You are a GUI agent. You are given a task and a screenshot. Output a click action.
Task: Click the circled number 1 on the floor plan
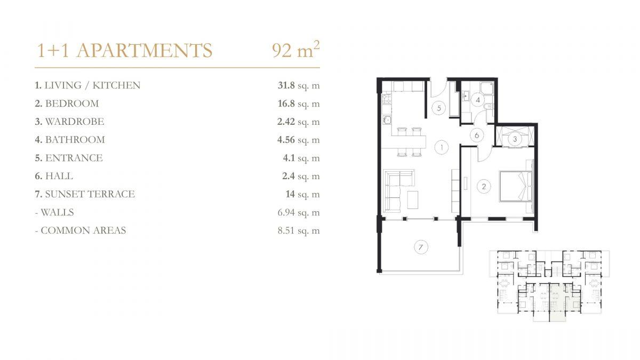[442, 147]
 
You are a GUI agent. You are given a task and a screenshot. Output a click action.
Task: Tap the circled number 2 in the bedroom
[484, 187]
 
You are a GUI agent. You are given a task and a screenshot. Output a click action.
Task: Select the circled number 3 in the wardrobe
[515, 139]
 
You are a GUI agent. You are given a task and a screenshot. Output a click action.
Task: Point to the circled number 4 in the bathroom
[478, 100]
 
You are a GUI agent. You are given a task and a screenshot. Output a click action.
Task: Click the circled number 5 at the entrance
[439, 108]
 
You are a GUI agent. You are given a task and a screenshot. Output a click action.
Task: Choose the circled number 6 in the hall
[477, 135]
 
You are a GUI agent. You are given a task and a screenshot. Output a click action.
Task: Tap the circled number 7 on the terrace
[421, 247]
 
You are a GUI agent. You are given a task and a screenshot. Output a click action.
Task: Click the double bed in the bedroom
[515, 186]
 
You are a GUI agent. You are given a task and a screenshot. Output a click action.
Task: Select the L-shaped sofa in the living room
[398, 190]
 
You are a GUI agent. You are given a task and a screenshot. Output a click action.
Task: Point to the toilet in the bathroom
[489, 106]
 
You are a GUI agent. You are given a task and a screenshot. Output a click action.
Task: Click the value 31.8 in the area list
[286, 85]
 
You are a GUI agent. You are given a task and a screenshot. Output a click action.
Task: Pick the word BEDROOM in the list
[72, 103]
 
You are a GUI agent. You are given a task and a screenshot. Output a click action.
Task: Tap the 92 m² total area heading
[295, 49]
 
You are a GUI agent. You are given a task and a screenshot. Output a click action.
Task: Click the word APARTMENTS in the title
[145, 50]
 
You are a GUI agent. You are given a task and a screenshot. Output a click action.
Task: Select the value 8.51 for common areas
[286, 230]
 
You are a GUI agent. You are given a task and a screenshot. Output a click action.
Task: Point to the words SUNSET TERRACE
[90, 194]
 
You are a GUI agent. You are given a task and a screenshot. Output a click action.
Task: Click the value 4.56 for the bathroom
[286, 140]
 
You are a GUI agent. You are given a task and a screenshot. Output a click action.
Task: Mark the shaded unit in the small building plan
[557, 302]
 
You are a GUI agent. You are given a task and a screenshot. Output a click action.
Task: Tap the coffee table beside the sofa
[413, 200]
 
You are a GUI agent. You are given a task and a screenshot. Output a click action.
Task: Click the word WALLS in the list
[57, 212]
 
